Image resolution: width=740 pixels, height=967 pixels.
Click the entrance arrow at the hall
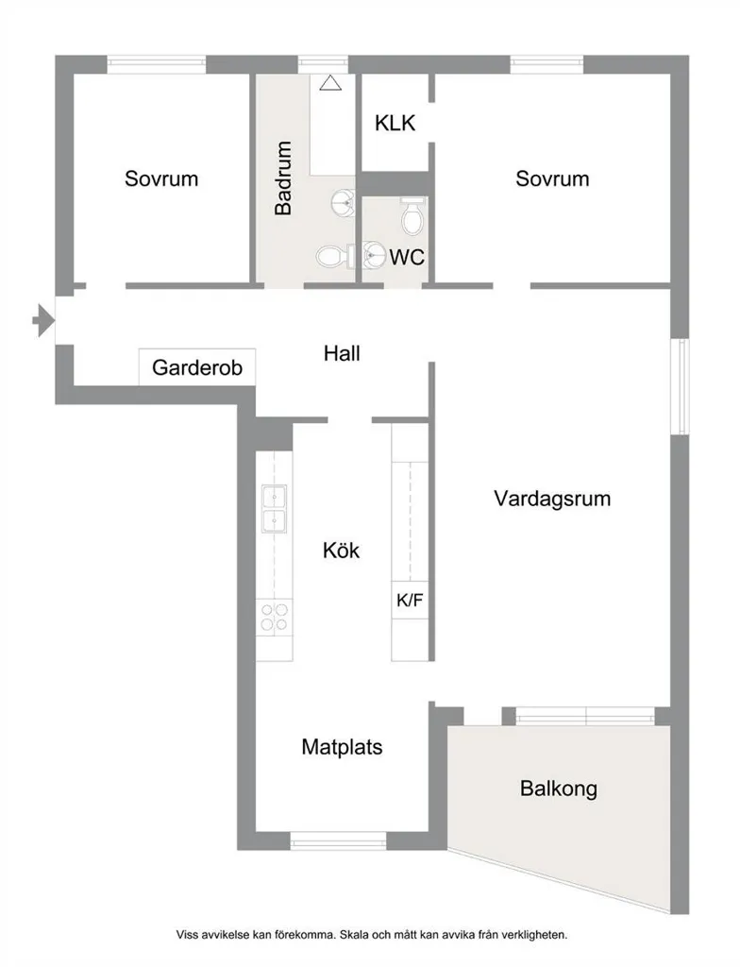pos(43,321)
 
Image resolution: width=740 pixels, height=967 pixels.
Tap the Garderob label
pos(197,367)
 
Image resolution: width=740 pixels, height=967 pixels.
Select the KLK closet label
pos(395,124)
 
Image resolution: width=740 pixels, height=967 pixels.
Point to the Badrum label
pos(283,178)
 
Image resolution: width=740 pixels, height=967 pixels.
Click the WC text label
pos(407,257)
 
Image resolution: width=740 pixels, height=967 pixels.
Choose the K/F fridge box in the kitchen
pos(410,600)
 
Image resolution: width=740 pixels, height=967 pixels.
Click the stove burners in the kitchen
pos(275,617)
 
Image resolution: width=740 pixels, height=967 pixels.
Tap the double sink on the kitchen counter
pos(274,509)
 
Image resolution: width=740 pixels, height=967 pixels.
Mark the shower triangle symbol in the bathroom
pos(330,83)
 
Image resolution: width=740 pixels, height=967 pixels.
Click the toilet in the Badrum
pos(335,256)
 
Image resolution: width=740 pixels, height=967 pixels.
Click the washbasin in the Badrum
pos(345,202)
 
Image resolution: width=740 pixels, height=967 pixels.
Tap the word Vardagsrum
pos(552,499)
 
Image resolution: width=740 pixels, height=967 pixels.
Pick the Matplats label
pos(343,747)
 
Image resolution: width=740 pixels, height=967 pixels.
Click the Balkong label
pos(559,789)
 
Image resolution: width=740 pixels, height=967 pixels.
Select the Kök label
pos(341,551)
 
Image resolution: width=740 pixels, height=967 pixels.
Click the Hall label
pos(342,353)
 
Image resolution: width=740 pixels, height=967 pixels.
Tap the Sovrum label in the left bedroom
pos(161,178)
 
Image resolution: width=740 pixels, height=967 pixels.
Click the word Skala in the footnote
pos(354,935)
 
